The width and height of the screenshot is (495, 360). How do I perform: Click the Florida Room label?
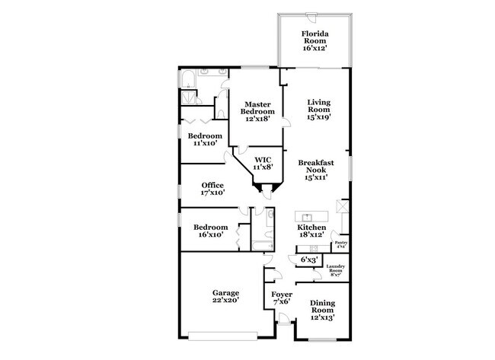314,40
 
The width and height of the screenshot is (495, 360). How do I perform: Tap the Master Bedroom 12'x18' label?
257,111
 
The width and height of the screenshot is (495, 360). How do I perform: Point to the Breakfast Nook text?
317,169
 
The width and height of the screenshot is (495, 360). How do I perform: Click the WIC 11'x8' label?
263,163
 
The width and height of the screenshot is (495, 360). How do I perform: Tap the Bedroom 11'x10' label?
204,139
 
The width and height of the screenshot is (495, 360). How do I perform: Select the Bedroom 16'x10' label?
210,231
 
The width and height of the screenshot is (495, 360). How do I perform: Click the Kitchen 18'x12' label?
311,231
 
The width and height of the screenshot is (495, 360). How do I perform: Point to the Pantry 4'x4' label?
340,244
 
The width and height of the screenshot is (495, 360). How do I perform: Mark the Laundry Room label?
336,269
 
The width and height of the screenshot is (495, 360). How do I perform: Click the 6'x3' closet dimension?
310,260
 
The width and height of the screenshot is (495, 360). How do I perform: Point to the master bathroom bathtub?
189,79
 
